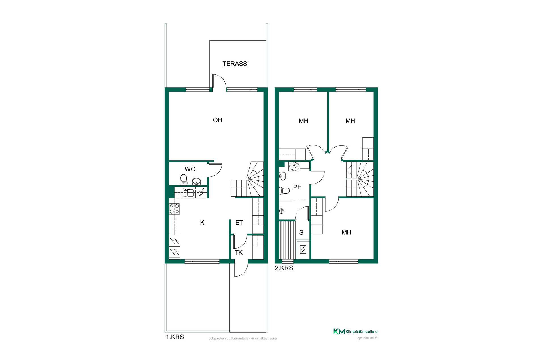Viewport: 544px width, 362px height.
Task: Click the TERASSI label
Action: click(x=235, y=64)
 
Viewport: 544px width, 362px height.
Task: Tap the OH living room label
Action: click(x=218, y=120)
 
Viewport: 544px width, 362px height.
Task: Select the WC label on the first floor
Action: click(x=190, y=169)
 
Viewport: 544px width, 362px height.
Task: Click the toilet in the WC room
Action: click(x=184, y=180)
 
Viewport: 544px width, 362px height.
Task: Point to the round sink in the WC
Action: click(x=196, y=181)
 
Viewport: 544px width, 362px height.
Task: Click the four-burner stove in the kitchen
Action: click(x=175, y=209)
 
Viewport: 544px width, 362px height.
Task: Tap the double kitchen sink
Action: click(x=189, y=193)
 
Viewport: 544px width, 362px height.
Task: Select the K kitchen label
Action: click(x=202, y=223)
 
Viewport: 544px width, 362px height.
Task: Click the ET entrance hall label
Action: click(x=239, y=223)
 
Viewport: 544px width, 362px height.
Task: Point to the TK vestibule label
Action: click(x=239, y=253)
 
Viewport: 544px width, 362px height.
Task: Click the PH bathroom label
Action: click(x=297, y=187)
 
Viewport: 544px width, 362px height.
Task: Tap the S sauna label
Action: click(x=301, y=232)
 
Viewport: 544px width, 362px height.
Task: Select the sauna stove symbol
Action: click(x=303, y=249)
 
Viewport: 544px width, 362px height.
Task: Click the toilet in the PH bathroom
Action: click(x=284, y=191)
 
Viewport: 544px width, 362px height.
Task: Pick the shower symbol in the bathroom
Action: click(x=282, y=210)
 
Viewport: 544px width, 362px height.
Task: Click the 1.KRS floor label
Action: click(x=175, y=337)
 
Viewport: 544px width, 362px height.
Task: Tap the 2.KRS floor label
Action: click(x=284, y=268)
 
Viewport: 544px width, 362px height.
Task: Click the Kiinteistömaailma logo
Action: click(x=355, y=331)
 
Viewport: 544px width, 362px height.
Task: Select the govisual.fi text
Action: click(x=367, y=338)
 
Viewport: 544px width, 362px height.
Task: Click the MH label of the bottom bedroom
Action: click(x=346, y=232)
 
